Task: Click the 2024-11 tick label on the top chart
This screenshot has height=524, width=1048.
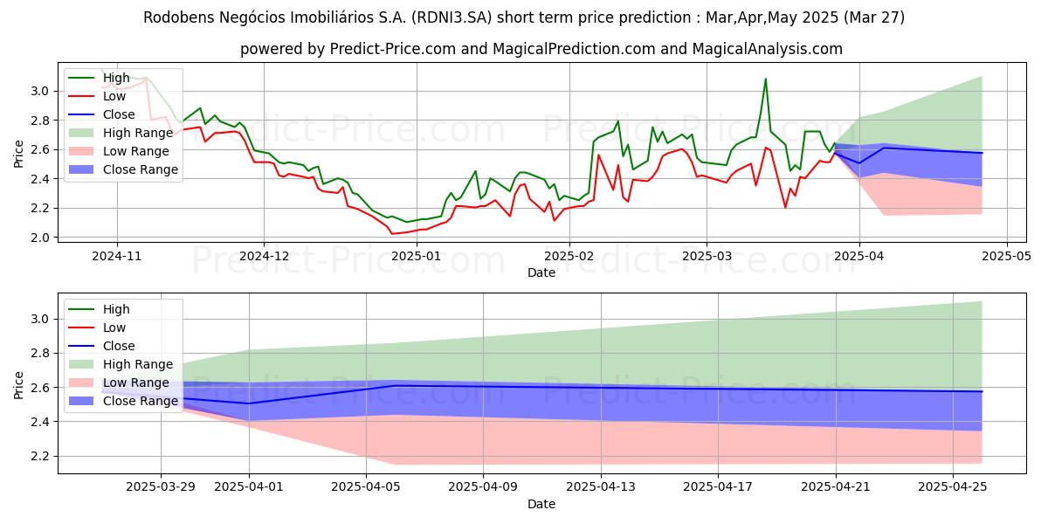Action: [116, 257]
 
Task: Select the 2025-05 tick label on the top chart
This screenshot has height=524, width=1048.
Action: [1007, 257]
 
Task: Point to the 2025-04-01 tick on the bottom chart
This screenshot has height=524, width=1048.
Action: [250, 487]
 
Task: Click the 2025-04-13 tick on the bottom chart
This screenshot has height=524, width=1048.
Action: [602, 487]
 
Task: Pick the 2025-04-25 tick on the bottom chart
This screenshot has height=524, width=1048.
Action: [954, 487]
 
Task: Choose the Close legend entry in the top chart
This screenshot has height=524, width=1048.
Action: [119, 114]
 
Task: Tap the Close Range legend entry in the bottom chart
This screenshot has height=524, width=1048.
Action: [141, 401]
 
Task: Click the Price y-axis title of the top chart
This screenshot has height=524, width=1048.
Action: [18, 154]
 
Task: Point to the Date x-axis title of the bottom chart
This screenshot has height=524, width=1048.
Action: [541, 505]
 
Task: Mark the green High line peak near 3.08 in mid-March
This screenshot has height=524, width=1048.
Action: [766, 79]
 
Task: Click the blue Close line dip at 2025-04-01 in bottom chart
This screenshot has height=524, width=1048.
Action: [250, 403]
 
